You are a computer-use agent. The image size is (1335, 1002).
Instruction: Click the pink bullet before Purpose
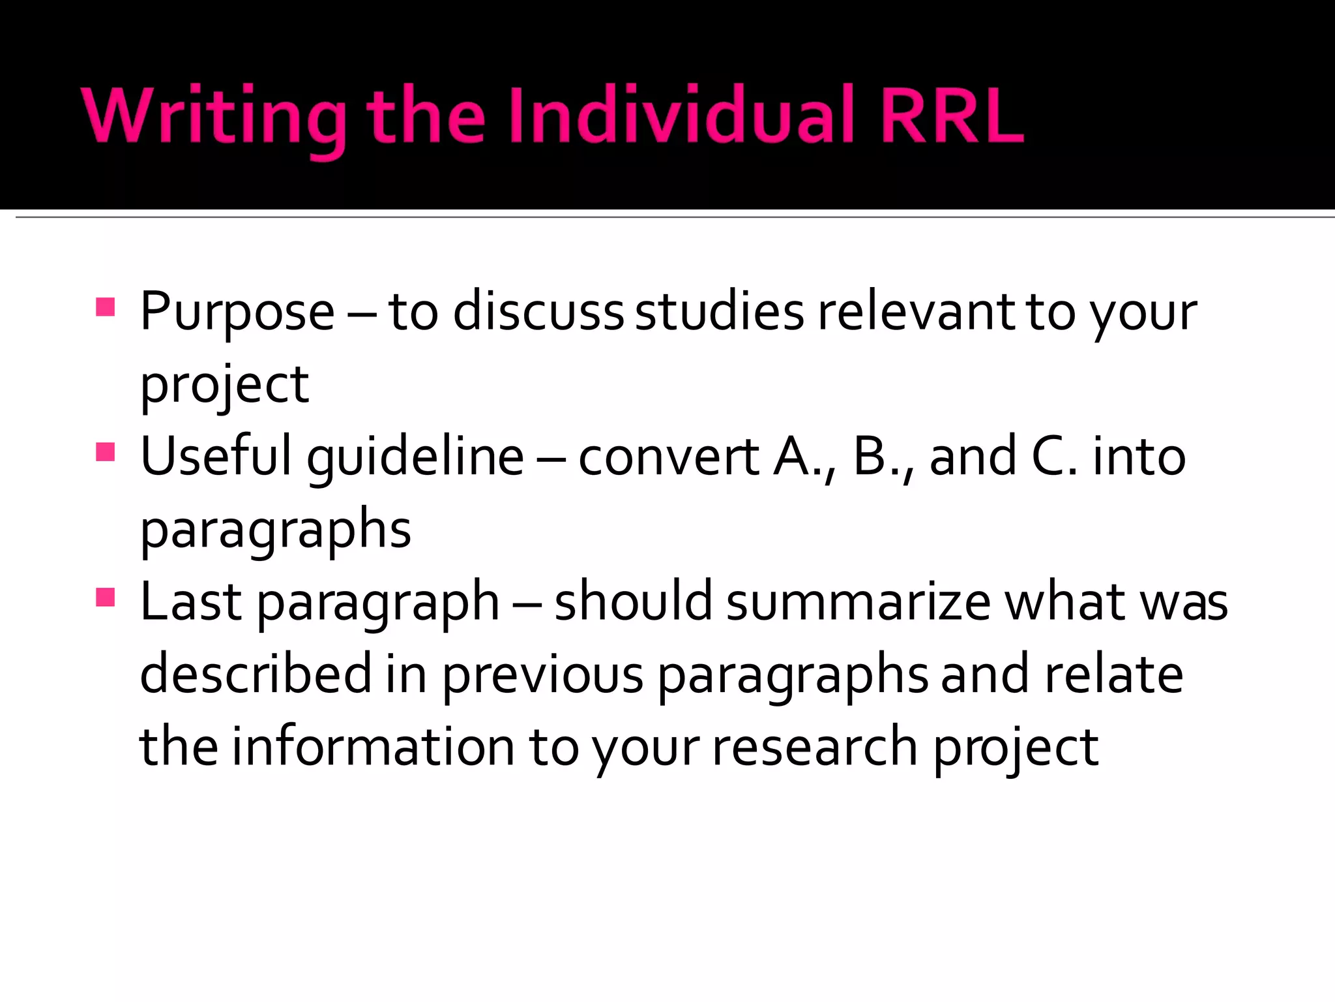point(106,307)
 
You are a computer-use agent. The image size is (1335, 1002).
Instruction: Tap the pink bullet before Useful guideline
point(106,451)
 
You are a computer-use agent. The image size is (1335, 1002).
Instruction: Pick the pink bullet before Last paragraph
point(106,597)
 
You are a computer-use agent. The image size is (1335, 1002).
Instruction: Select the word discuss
point(538,312)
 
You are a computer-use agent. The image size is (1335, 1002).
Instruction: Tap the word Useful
point(216,457)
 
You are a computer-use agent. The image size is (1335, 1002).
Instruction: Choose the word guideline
point(415,457)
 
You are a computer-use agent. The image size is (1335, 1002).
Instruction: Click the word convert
point(669,457)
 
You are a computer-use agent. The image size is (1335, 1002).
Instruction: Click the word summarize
point(858,601)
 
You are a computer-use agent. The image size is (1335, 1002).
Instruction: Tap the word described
point(256,675)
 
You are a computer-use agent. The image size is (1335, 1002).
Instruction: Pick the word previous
point(543,675)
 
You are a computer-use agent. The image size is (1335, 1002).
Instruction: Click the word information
point(374,747)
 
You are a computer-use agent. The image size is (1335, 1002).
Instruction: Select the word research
point(815,747)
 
